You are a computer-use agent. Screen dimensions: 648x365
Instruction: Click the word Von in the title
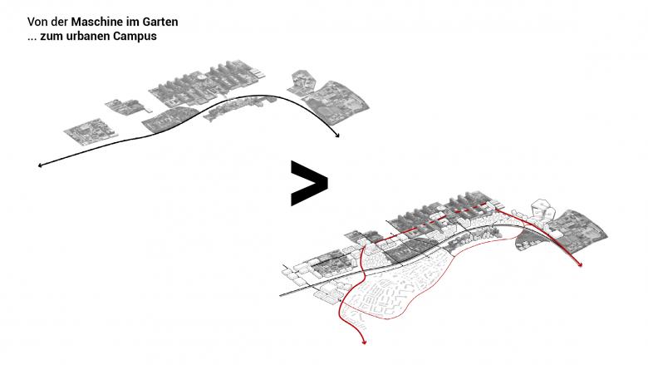tap(36, 22)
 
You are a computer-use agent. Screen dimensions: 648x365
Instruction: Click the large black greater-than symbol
tap(309, 183)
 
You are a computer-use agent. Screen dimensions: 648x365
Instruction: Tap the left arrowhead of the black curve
tap(40, 165)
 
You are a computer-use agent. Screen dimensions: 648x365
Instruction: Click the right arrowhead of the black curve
tap(337, 136)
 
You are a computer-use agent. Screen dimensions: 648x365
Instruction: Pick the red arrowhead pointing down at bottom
tap(364, 342)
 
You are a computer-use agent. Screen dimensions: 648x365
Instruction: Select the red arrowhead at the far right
tap(580, 264)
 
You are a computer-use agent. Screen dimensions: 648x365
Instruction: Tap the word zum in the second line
tap(48, 37)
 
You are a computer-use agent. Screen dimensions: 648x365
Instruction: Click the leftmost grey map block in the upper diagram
tap(91, 131)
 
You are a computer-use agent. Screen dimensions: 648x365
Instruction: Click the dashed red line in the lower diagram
tap(438, 219)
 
